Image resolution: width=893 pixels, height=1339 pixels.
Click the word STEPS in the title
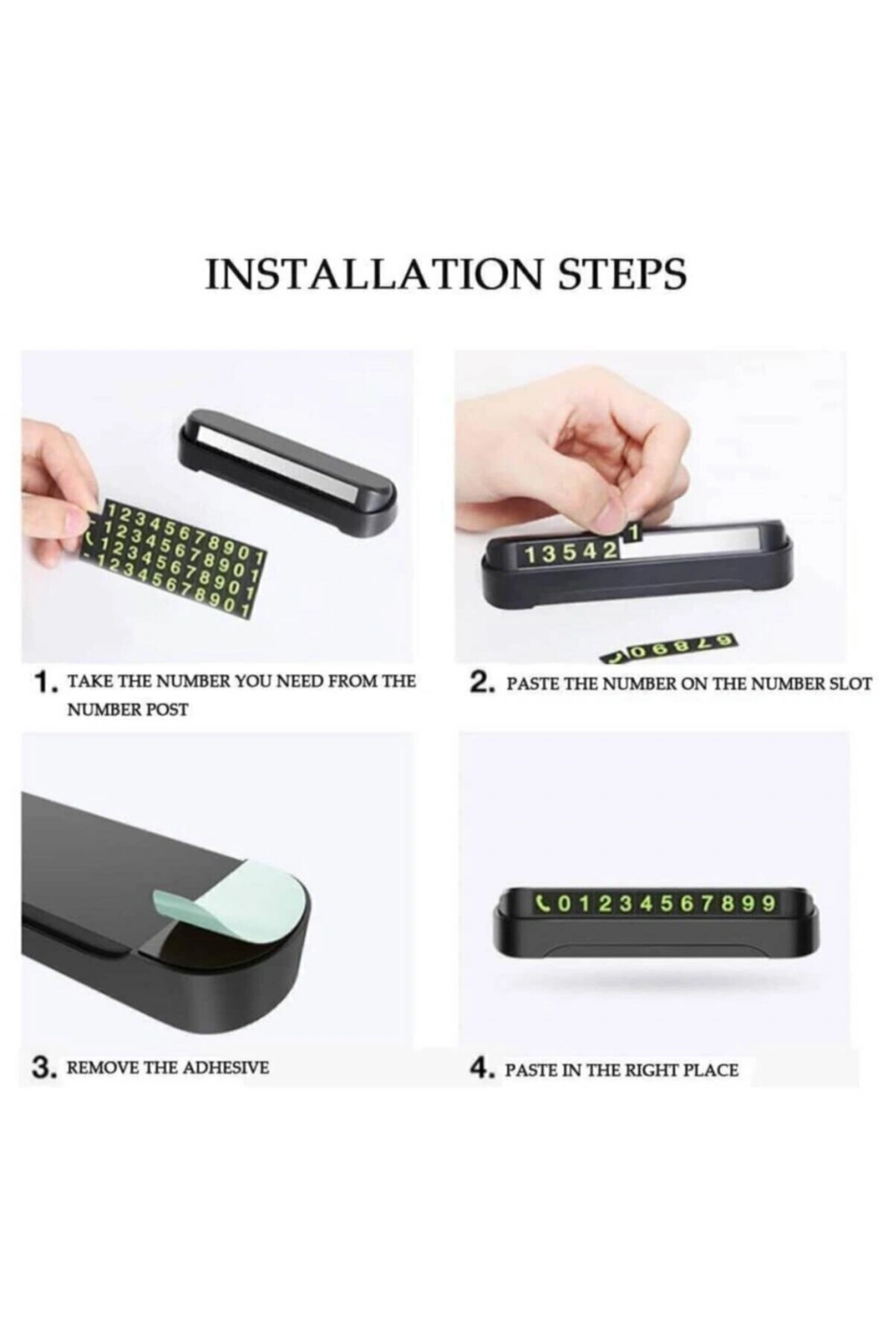[623, 275]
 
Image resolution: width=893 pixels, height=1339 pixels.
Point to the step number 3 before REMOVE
[40, 1070]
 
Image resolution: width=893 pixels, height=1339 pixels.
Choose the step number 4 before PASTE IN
[479, 1070]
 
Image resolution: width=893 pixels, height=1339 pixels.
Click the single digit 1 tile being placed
[633, 531]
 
